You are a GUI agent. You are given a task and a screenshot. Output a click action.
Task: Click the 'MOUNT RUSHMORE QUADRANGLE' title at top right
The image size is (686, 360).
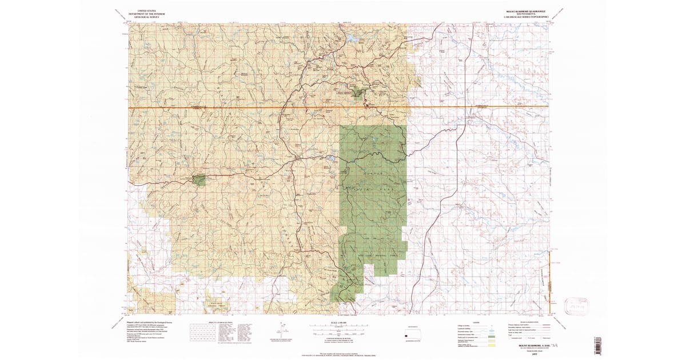click(x=524, y=11)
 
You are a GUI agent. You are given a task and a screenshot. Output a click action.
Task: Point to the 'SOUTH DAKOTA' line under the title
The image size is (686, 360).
click(x=524, y=14)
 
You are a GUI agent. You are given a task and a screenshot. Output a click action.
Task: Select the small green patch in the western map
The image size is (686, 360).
click(x=200, y=179)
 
